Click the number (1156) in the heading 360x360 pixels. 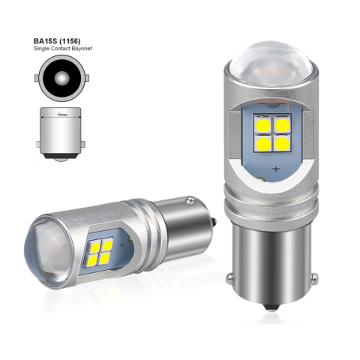70,40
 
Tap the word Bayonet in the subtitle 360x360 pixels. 82,49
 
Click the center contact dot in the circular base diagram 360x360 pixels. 61,77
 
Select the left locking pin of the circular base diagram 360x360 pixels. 37,77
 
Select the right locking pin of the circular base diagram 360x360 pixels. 86,77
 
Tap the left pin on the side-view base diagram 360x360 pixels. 38,144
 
